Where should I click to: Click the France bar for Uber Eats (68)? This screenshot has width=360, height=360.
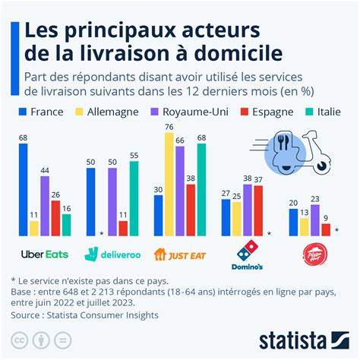(x=24, y=190)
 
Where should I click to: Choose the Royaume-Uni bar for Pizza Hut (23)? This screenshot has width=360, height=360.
(x=315, y=220)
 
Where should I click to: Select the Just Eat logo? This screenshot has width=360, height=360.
(x=180, y=254)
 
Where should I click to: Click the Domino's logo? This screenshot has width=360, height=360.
(x=248, y=257)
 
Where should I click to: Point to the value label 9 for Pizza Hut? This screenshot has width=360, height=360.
(x=326, y=217)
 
